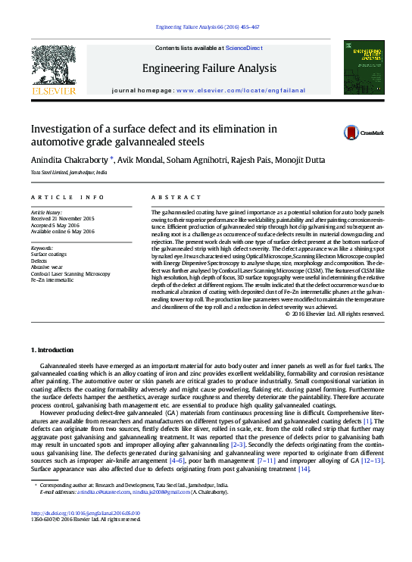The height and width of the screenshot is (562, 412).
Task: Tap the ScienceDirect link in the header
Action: pos(244,48)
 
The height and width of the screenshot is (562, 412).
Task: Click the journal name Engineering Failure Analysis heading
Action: pos(209,68)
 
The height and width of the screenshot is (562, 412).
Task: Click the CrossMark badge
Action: pos(364,133)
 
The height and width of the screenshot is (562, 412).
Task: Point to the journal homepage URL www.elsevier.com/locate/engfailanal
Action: pos(241,90)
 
